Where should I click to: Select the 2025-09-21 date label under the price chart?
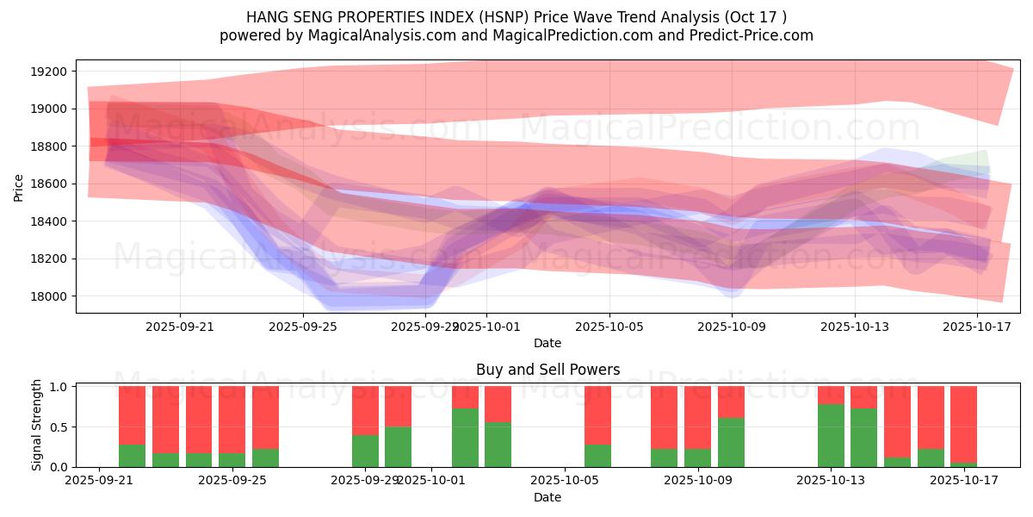click(x=180, y=327)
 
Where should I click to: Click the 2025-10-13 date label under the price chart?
click(x=855, y=327)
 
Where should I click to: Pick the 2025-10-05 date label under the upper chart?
click(x=609, y=327)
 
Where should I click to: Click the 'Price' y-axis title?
click(x=19, y=186)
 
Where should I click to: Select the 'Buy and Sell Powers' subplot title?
click(x=547, y=370)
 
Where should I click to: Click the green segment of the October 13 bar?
click(x=831, y=435)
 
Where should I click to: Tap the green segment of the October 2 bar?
click(x=465, y=438)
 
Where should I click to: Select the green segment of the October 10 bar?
click(x=731, y=442)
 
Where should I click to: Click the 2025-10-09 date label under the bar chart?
click(x=696, y=481)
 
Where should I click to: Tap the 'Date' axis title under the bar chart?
click(x=547, y=497)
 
